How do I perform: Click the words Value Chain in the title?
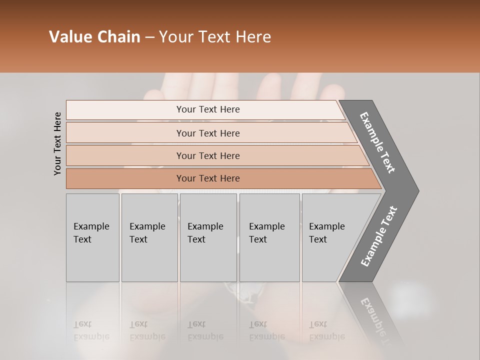pyautogui.click(x=94, y=37)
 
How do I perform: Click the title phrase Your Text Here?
pyautogui.click(x=215, y=37)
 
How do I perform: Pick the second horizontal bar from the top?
pyautogui.click(x=207, y=133)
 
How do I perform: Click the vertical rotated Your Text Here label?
pyautogui.click(x=57, y=144)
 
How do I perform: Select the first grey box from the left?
pyautogui.click(x=92, y=237)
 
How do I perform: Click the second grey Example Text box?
pyautogui.click(x=149, y=237)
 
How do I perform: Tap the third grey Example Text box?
pyautogui.click(x=208, y=237)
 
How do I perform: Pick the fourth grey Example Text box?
pyautogui.click(x=269, y=237)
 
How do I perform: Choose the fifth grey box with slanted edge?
pyautogui.click(x=330, y=237)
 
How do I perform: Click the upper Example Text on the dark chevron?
pyautogui.click(x=377, y=142)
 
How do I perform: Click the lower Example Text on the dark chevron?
pyautogui.click(x=378, y=236)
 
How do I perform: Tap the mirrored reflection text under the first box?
pyautogui.click(x=91, y=330)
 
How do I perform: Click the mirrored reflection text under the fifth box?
pyautogui.click(x=327, y=330)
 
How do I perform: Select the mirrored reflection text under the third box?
pyautogui.click(x=205, y=330)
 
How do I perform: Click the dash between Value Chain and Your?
pyautogui.click(x=149, y=37)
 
